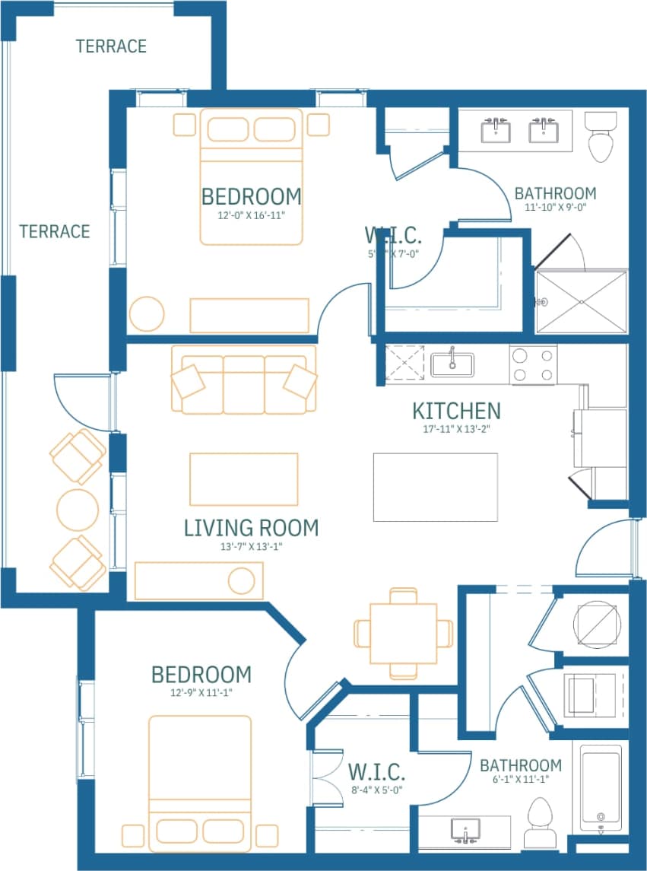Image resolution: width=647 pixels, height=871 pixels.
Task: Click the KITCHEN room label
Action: (x=456, y=412)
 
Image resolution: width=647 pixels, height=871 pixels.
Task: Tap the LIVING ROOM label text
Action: (x=251, y=527)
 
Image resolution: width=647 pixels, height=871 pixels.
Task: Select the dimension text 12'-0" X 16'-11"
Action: (x=251, y=215)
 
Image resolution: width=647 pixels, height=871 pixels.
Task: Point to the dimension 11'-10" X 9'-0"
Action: (x=555, y=206)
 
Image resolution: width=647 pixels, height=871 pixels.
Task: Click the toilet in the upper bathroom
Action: (x=601, y=136)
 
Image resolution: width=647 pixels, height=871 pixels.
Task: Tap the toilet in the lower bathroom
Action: (x=542, y=822)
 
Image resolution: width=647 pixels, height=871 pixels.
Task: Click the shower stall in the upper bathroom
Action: (x=582, y=301)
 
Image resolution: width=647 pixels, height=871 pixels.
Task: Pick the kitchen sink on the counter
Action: (x=452, y=364)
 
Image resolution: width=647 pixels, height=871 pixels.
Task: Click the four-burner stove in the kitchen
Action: (x=533, y=364)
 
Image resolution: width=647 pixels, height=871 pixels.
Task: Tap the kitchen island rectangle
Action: (x=435, y=487)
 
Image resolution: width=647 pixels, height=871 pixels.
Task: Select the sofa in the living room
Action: (x=243, y=380)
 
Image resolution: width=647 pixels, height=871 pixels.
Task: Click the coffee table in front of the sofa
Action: (x=243, y=479)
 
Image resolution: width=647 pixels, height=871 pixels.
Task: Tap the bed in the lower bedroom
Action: (x=200, y=784)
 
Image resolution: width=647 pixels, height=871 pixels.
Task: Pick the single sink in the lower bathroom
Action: (x=465, y=830)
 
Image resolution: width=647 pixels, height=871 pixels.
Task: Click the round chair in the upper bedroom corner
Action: (x=146, y=313)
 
